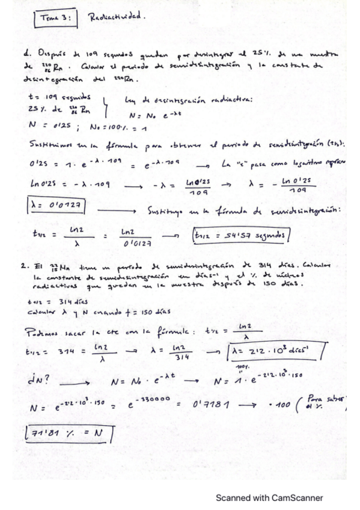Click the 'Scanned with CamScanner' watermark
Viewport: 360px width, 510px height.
pos(269,498)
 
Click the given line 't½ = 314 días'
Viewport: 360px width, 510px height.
pos(52,303)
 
